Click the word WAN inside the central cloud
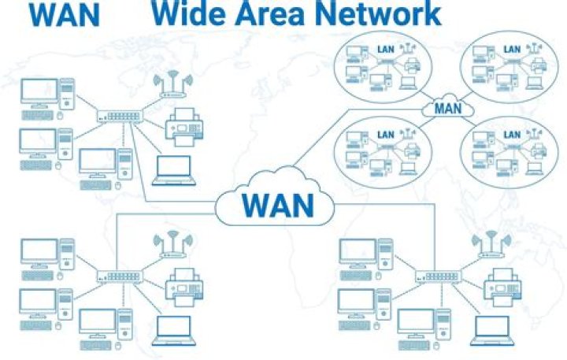click(277, 205)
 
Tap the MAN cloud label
click(448, 108)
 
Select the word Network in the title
click(378, 13)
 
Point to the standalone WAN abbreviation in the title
click(65, 14)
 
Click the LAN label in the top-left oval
click(385, 50)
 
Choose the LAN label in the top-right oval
click(512, 50)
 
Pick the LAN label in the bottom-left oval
click(385, 135)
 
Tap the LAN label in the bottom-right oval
click(512, 135)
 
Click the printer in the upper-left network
click(184, 127)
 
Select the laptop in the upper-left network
click(173, 171)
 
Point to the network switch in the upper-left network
click(120, 116)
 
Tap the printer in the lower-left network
click(184, 288)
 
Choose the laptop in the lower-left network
click(173, 331)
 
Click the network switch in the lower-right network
click(439, 276)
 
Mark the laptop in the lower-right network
click(491, 331)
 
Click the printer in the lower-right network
click(502, 288)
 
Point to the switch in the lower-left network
click(120, 276)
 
